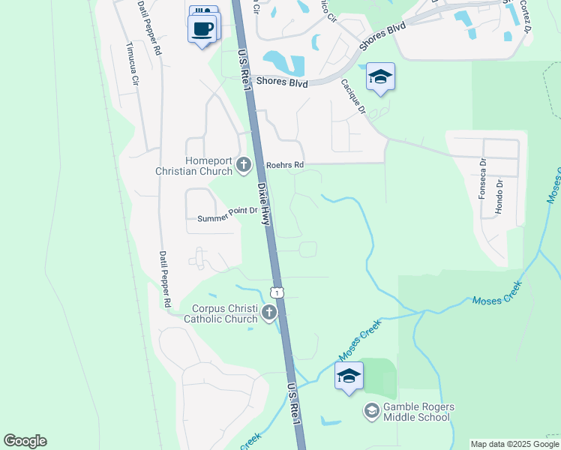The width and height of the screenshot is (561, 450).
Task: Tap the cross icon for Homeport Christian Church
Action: click(243, 164)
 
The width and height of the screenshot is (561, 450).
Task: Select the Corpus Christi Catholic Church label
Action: click(225, 313)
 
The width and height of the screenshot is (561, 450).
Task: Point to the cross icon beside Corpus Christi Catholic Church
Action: click(268, 313)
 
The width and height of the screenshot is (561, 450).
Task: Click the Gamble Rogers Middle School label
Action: click(419, 412)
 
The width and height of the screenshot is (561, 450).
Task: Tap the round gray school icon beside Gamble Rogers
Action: click(371, 411)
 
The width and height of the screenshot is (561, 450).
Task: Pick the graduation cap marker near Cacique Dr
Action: click(381, 77)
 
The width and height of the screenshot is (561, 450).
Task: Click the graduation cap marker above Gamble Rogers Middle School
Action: click(349, 376)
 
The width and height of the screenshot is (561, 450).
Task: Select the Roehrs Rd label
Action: click(285, 165)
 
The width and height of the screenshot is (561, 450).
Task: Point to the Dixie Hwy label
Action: click(263, 203)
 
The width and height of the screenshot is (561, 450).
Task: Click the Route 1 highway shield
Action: click(277, 292)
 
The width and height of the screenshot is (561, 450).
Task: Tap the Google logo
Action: click(25, 441)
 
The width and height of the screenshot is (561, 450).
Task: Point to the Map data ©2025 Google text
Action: click(514, 444)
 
